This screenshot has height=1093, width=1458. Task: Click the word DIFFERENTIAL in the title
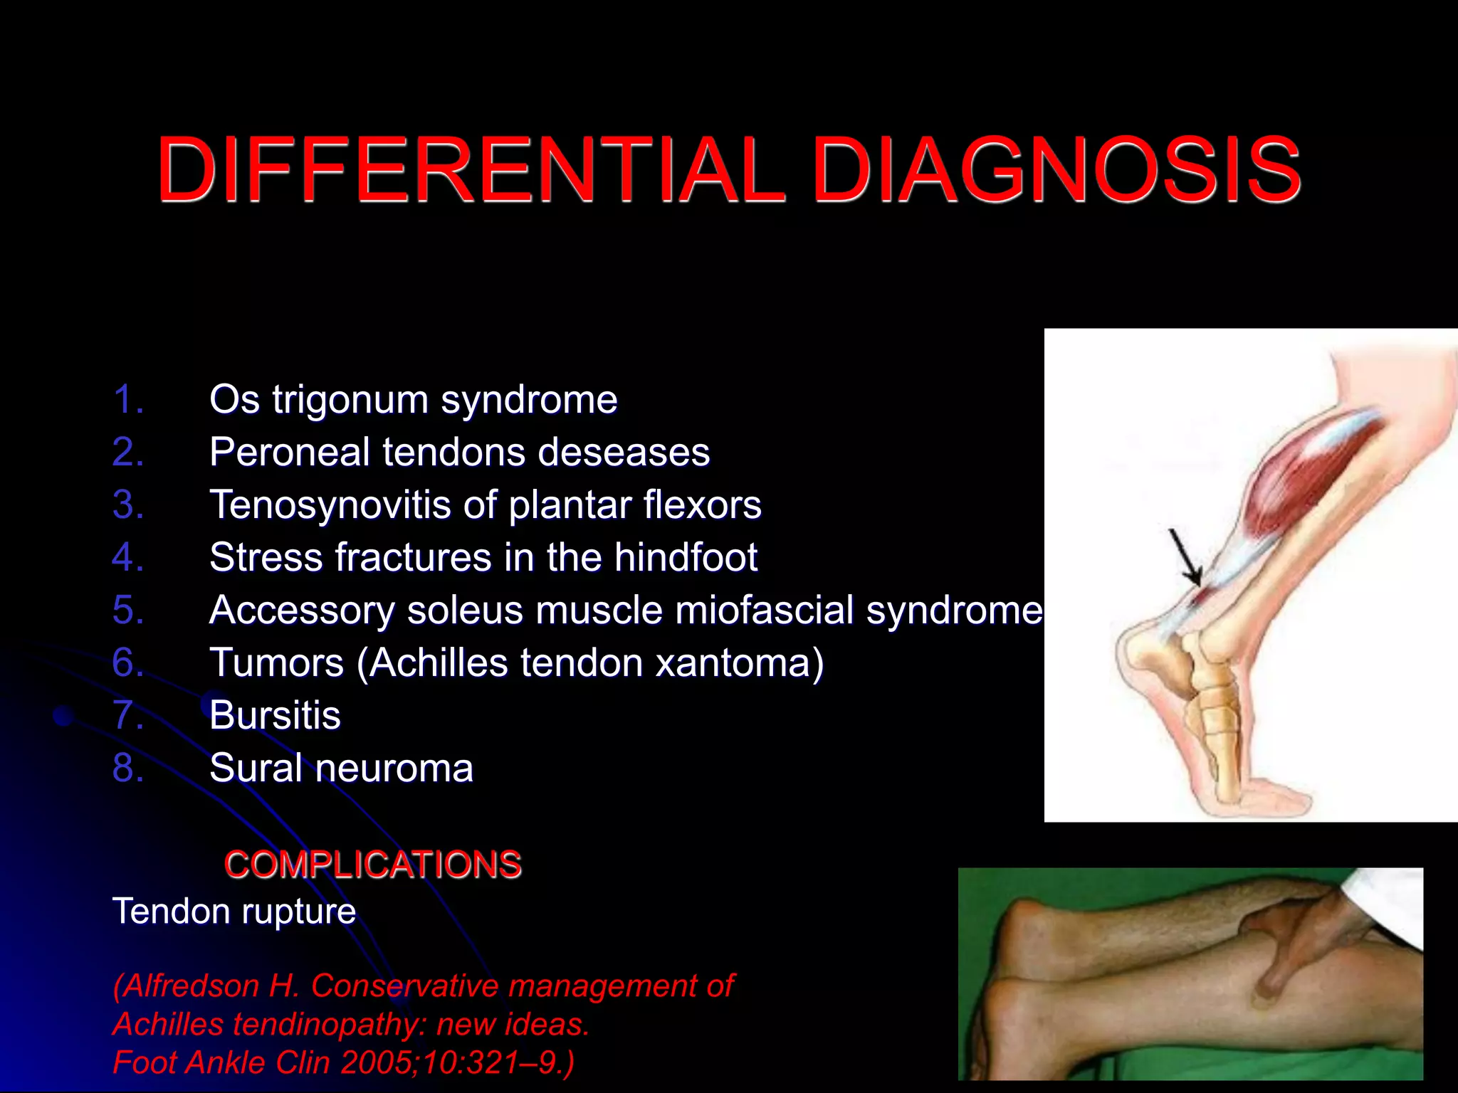(x=470, y=171)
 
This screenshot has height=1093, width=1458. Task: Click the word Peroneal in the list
(x=290, y=453)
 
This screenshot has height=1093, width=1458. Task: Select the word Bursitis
(x=275, y=716)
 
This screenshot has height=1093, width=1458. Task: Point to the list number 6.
(x=128, y=663)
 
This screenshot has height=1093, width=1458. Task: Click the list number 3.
(x=128, y=505)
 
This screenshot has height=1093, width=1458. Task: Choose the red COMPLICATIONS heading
(x=373, y=865)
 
